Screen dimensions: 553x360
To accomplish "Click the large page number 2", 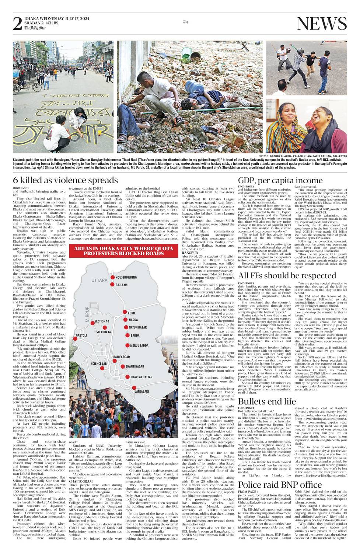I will tap(17, 24).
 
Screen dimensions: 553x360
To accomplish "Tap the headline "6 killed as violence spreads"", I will tap(65, 180).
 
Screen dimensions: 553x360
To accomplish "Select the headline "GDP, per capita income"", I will tap(280, 180).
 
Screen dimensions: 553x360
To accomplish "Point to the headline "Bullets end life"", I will tap(267, 401).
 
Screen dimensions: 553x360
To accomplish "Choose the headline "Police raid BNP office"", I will tap(280, 484).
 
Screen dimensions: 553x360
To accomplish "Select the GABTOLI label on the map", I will tap(81, 335).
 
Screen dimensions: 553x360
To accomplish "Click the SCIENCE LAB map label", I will tap(99, 364).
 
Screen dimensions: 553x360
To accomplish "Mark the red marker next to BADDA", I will tap(127, 335).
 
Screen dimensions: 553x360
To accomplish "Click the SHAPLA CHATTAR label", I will tap(141, 377).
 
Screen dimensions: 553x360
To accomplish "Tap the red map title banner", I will tap(123, 251).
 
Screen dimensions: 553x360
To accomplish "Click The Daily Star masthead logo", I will tap(35, 28).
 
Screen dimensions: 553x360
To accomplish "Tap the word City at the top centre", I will tap(185, 22).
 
